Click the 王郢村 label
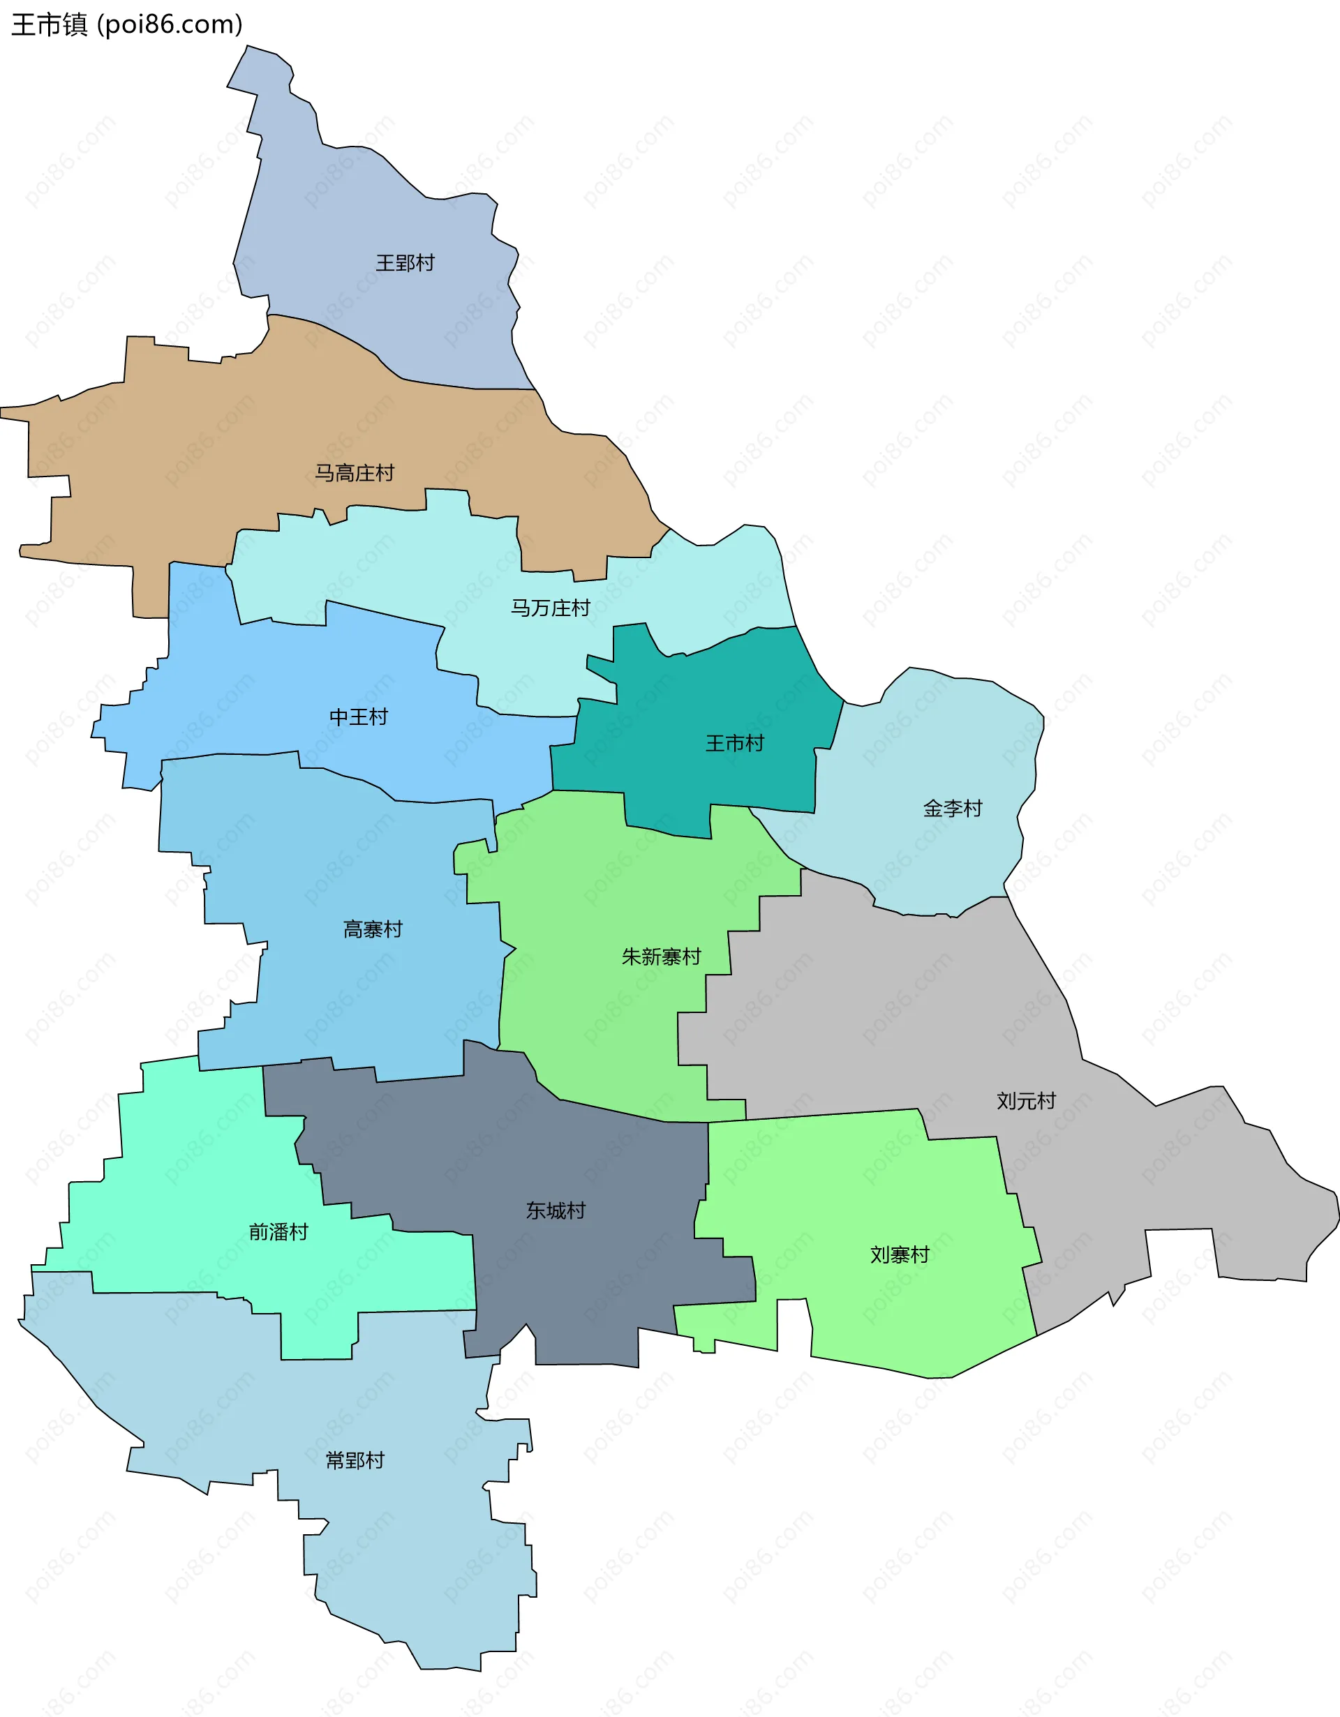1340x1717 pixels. (405, 262)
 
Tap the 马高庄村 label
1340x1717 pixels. (355, 473)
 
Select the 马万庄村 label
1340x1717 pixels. (551, 608)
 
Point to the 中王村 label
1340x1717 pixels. (359, 717)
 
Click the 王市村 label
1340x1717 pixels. (734, 743)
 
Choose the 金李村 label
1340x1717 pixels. (953, 808)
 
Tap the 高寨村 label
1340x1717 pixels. (373, 929)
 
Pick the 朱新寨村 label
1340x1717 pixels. (662, 957)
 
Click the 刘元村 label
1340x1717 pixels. (1026, 1101)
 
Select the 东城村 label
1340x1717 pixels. (556, 1210)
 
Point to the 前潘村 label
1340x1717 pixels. (278, 1232)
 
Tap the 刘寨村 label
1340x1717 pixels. (900, 1254)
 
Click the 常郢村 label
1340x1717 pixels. (355, 1460)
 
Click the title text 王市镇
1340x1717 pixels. (49, 24)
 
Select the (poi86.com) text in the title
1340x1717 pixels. (170, 24)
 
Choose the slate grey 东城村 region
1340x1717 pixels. (597, 1273)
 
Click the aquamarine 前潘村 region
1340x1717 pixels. (197, 1179)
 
